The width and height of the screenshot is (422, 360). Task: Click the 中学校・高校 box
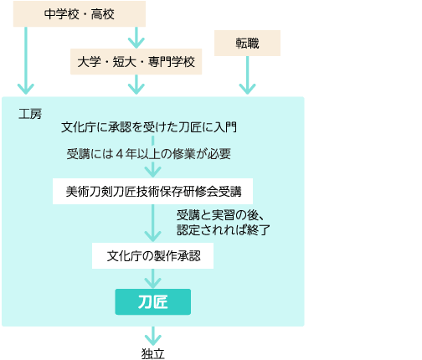coord(80,14)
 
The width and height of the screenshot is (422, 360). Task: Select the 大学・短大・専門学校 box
coord(136,62)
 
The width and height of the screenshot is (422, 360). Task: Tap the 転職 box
coord(247,44)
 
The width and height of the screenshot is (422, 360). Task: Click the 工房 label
coord(30,114)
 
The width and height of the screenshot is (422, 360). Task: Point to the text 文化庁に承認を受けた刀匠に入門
coord(149,127)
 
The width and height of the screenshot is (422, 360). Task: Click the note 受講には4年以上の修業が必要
coord(149,154)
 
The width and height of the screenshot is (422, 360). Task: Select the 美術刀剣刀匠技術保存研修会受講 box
coord(152,192)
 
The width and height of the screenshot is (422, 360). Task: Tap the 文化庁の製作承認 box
coord(152,256)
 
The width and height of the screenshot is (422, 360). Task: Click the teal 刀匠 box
coord(153,302)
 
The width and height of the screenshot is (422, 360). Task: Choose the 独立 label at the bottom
coord(152,353)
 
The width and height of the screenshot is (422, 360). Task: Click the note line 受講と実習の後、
coord(220,215)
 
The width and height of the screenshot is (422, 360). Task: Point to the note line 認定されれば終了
coord(224,230)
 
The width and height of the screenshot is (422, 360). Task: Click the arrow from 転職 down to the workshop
coord(247,75)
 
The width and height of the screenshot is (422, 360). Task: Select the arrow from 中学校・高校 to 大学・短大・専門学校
coord(136,38)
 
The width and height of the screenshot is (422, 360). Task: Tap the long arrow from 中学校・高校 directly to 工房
coord(26,60)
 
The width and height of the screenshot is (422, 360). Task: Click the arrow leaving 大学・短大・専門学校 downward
coord(136,85)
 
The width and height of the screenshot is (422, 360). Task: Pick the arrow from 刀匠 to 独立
coord(152,337)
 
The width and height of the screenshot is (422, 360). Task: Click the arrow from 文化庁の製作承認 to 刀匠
coord(152,279)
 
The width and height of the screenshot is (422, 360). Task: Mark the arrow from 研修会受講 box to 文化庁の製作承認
coord(152,224)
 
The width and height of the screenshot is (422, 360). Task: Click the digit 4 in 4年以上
coord(120,154)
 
